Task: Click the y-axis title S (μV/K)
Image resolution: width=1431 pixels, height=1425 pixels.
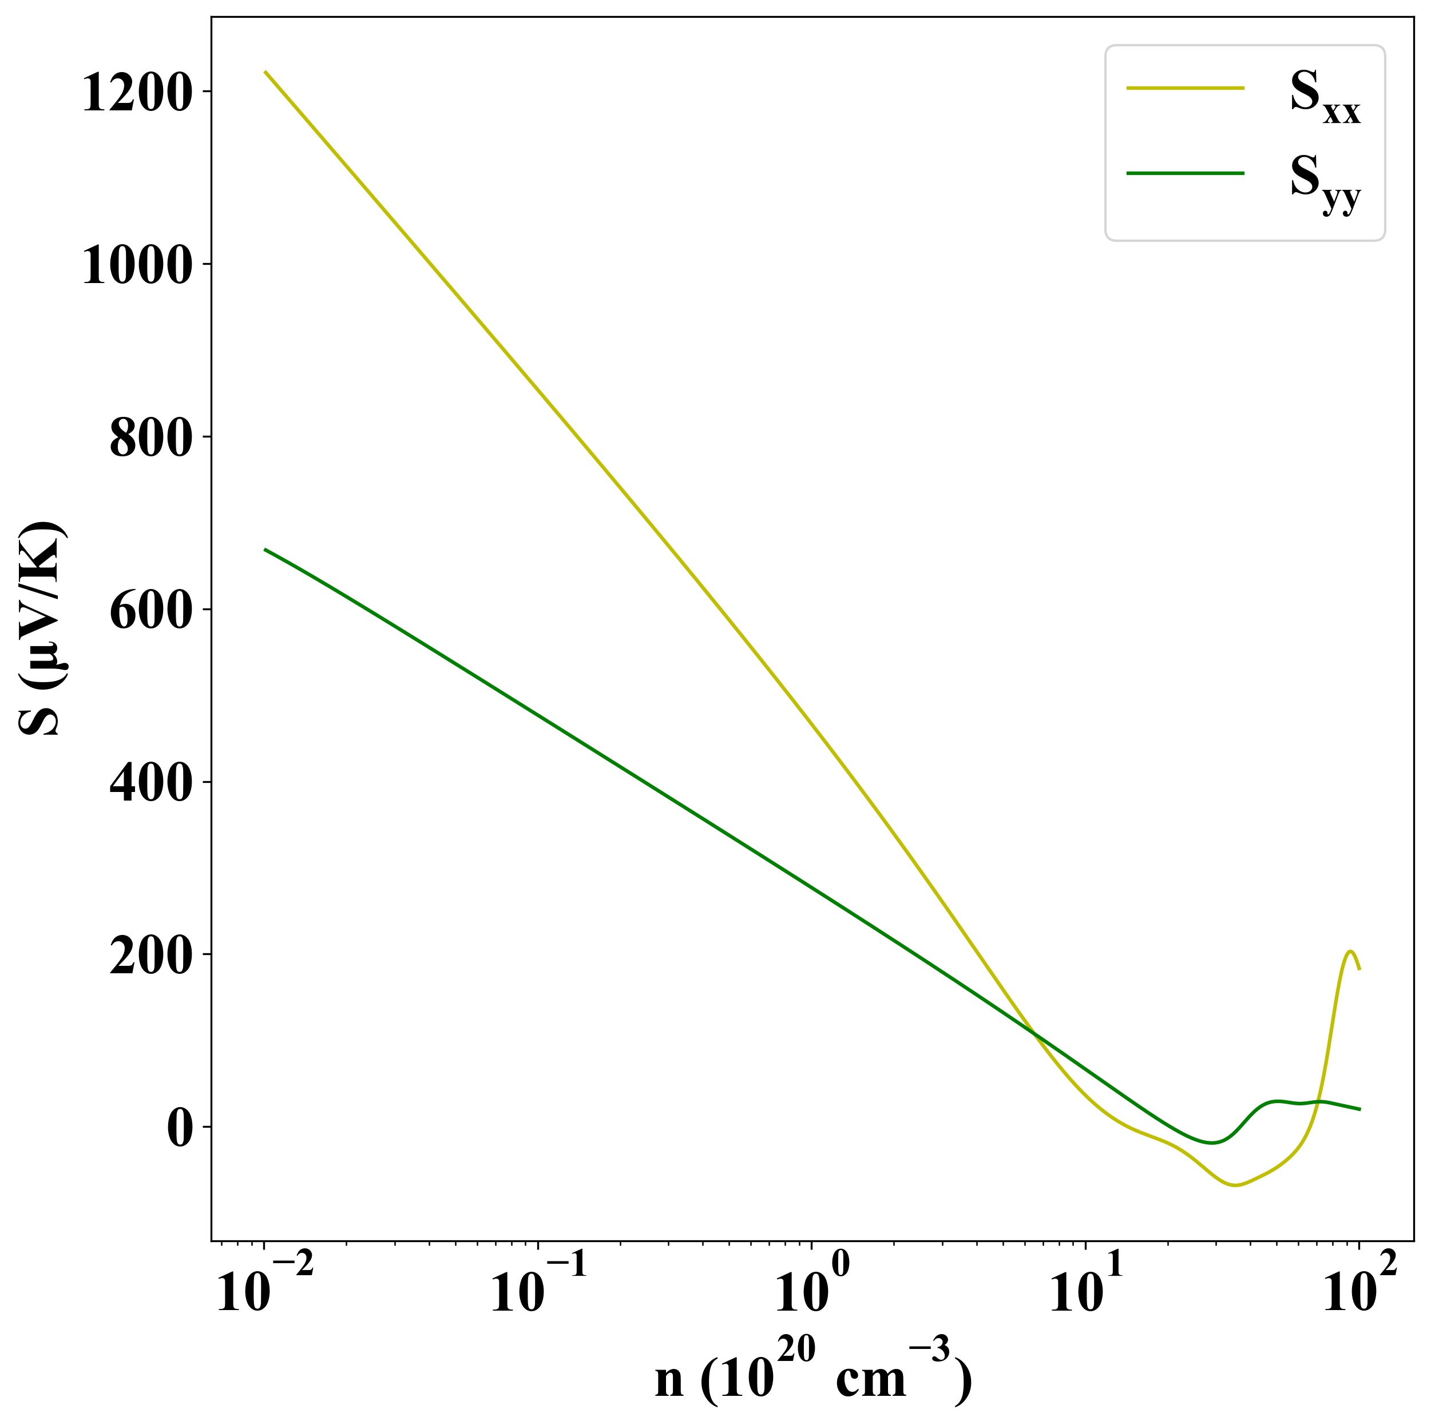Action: (42, 629)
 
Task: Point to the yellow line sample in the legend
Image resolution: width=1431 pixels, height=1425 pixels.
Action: (1185, 88)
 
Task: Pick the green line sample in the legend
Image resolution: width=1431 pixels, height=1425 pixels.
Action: (1185, 173)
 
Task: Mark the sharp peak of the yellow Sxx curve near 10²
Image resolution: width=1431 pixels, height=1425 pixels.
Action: (1350, 951)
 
